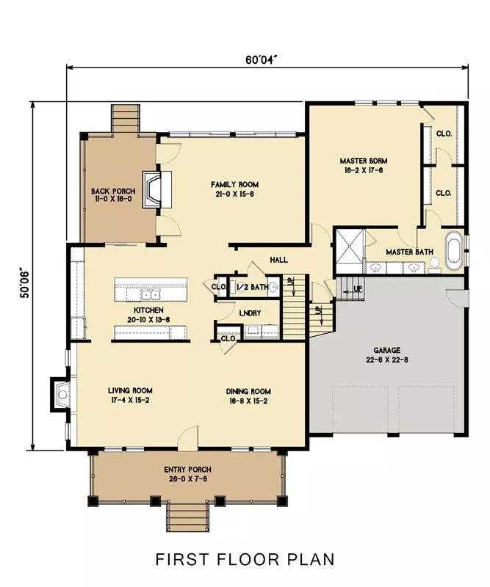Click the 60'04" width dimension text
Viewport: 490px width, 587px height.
pos(261,60)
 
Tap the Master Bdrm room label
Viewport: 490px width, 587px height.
pos(364,161)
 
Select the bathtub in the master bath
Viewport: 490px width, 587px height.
pos(454,250)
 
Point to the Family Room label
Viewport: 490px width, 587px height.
pos(234,185)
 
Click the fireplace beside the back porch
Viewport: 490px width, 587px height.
pos(156,189)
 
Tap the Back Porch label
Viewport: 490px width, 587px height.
pos(113,192)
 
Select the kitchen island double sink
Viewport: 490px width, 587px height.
pos(151,295)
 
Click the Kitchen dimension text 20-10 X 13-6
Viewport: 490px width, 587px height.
pos(148,320)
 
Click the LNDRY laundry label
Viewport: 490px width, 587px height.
pos(250,313)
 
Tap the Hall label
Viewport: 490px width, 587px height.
pos(279,260)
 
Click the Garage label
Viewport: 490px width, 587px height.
pos(387,351)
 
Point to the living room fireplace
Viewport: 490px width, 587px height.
pos(60,395)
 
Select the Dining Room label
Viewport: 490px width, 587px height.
pos(248,392)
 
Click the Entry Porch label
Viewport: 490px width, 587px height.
pos(188,470)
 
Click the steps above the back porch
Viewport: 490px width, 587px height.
pos(125,118)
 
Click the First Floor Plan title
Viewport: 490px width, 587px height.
pos(245,559)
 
